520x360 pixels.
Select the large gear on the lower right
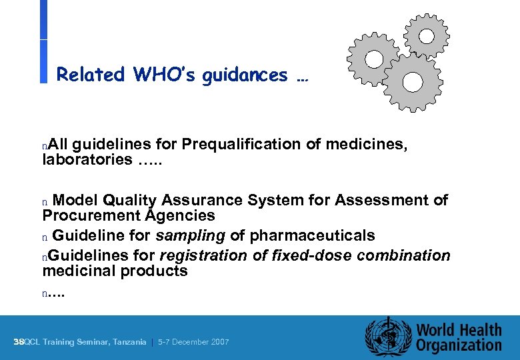coord(413,82)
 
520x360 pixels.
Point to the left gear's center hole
coord(374,59)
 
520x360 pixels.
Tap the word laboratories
coord(87,159)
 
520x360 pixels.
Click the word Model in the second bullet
coord(76,200)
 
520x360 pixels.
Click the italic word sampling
coord(191,235)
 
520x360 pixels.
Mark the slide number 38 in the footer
coord(18,342)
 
